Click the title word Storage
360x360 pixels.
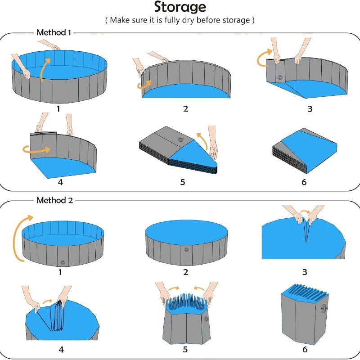[x=180, y=8]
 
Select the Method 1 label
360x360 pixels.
[x=54, y=32]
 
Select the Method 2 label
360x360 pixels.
[x=54, y=200]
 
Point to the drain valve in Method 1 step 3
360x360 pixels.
[x=281, y=78]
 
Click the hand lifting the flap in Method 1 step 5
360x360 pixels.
[x=212, y=144]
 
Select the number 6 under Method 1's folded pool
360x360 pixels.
[x=304, y=182]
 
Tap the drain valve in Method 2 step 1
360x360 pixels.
[x=62, y=261]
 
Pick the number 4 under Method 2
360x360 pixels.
[x=61, y=349]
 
